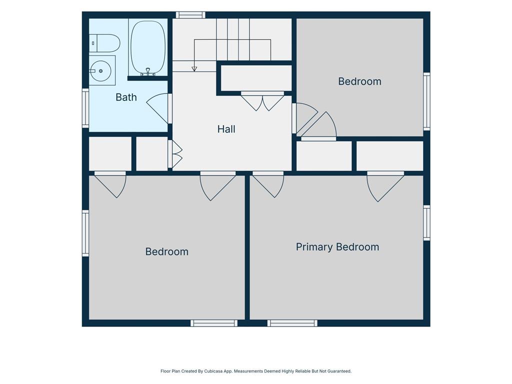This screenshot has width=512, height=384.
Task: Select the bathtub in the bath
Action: pyautogui.click(x=148, y=47)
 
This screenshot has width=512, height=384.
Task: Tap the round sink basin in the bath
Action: pyautogui.click(x=100, y=71)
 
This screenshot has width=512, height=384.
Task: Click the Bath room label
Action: pyautogui.click(x=126, y=97)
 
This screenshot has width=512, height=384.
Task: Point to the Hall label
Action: pyautogui.click(x=226, y=129)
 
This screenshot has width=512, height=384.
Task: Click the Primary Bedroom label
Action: pyautogui.click(x=337, y=247)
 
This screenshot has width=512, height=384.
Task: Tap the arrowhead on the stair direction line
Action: pyautogui.click(x=194, y=69)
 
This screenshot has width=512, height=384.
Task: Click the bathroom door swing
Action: pyautogui.click(x=158, y=108)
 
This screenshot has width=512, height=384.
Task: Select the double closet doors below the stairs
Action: pyautogui.click(x=262, y=101)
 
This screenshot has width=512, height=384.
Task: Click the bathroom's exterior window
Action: pyautogui.click(x=85, y=108)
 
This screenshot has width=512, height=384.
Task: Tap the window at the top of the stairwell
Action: pyautogui.click(x=190, y=15)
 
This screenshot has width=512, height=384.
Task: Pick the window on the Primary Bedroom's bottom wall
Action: pyautogui.click(x=292, y=323)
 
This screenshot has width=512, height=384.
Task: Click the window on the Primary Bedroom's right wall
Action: pyautogui.click(x=426, y=222)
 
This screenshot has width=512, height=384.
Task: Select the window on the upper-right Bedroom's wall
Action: pyautogui.click(x=426, y=101)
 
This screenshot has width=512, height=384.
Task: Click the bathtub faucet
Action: pyautogui.click(x=148, y=72)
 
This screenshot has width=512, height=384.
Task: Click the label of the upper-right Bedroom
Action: pyautogui.click(x=359, y=81)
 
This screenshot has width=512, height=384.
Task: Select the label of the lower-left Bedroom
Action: pyautogui.click(x=167, y=252)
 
